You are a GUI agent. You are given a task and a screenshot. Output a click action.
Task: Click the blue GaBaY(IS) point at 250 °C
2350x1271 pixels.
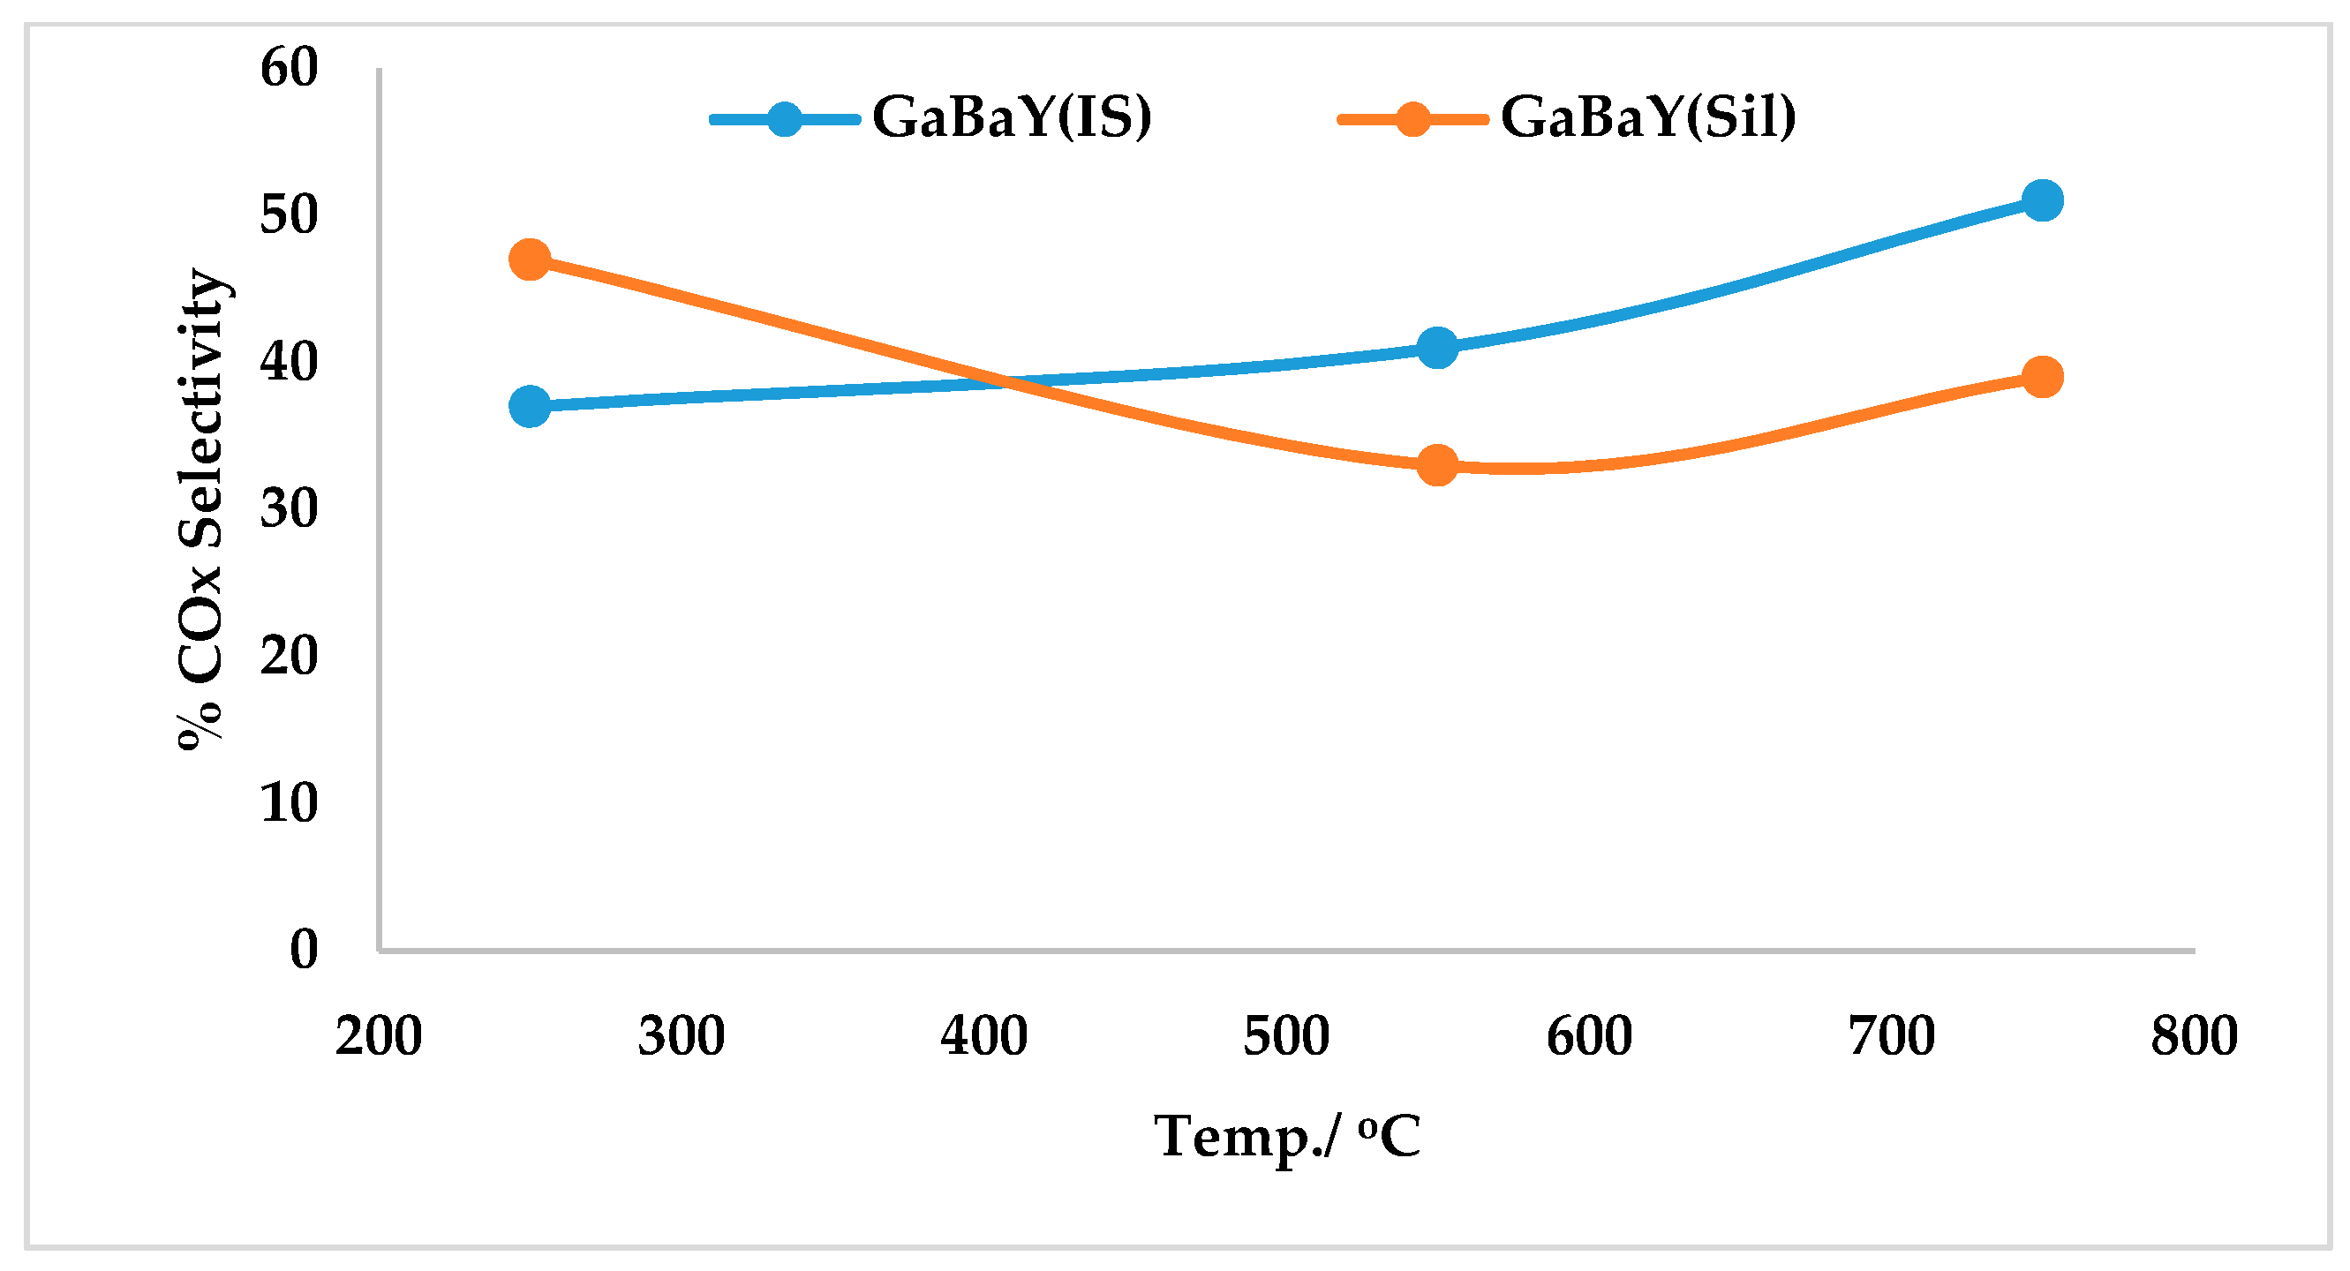click(529, 405)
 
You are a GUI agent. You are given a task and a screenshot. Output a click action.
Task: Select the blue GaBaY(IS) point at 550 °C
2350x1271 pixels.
click(1437, 347)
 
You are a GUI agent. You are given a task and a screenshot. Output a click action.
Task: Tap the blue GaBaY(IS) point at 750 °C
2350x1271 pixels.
click(2042, 199)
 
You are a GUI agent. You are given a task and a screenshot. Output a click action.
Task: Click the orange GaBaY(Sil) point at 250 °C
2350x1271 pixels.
click(529, 260)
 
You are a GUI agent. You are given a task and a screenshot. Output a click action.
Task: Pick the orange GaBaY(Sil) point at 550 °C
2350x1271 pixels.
click(1437, 465)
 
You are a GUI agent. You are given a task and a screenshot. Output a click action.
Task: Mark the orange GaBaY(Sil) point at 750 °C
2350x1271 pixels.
click(2042, 376)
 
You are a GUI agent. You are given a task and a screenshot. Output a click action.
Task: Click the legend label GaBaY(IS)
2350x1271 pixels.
click(1012, 117)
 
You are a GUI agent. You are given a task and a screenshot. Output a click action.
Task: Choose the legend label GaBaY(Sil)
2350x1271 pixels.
click(1647, 117)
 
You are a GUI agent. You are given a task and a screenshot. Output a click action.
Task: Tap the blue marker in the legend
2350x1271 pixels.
click(785, 118)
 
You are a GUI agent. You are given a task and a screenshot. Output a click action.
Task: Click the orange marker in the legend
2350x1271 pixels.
click(1412, 118)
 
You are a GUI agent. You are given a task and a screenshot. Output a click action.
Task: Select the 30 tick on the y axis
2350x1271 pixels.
click(290, 509)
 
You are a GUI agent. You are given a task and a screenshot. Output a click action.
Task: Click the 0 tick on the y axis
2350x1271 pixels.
click(304, 949)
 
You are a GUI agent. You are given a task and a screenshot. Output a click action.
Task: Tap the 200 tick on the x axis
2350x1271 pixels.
click(378, 1036)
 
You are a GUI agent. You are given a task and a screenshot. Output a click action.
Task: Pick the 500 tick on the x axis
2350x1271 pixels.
click(1285, 1036)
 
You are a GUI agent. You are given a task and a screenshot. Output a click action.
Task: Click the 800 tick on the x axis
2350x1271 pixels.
click(2193, 1036)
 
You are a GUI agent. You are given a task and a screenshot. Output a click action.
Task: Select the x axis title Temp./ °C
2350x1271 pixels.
click(1286, 1136)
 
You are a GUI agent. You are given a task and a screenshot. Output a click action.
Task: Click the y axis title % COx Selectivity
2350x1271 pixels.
click(200, 509)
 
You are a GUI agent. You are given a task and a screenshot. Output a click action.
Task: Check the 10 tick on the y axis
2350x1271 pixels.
click(290, 803)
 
